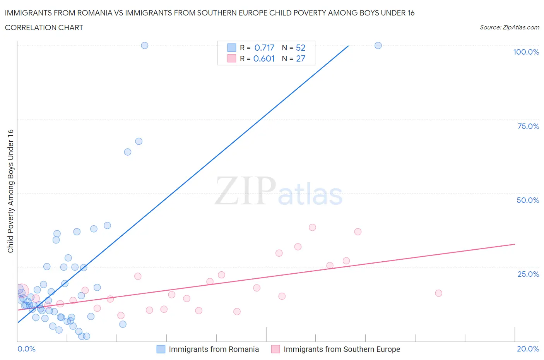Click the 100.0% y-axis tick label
coord(526,52)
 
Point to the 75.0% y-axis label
coord(528,126)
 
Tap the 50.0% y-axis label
coord(528,200)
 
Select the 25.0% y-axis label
coord(528,274)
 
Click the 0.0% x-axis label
coord(26,349)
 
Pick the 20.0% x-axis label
coord(528,349)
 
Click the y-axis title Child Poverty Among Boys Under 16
coord(10,191)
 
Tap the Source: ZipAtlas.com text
coord(509,27)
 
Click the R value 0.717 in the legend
coord(264,48)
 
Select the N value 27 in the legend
coord(301,58)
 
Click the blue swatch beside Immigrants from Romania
coord(161,349)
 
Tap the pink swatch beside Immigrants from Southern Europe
coord(275,349)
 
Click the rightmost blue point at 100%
coord(378,45)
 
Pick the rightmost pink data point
coord(438,293)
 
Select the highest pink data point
coord(312,227)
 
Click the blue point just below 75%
coord(139,141)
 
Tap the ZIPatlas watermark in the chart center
coord(279,190)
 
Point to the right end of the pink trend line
coord(515,244)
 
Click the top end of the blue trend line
coord(348,46)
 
